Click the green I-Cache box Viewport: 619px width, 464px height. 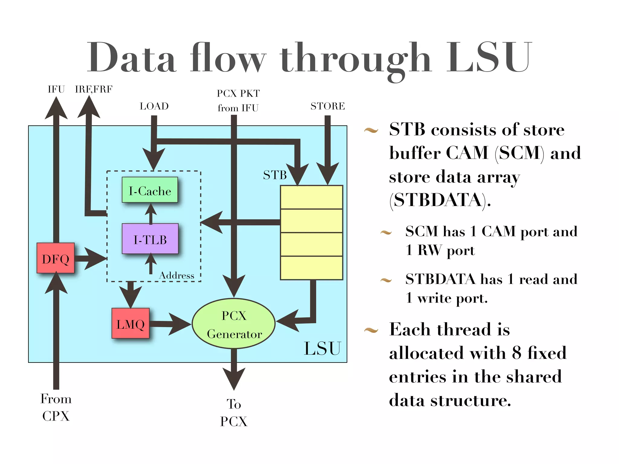click(x=150, y=190)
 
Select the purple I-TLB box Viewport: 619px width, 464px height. click(x=150, y=239)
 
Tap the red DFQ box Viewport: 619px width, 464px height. click(x=56, y=258)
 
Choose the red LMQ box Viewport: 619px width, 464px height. click(x=131, y=323)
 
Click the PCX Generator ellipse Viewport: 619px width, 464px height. click(x=234, y=324)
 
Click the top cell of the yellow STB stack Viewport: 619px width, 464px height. click(x=311, y=197)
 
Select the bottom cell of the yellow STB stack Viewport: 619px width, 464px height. click(x=311, y=268)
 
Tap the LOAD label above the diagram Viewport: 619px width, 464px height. click(x=154, y=106)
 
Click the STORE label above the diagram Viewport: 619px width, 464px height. click(x=328, y=106)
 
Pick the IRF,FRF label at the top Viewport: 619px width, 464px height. click(x=94, y=89)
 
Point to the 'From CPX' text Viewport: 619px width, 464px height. click(x=56, y=407)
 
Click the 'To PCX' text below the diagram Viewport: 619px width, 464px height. click(x=234, y=413)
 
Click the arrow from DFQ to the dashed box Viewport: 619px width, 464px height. click(x=91, y=258)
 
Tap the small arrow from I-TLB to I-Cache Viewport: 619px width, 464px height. click(x=151, y=213)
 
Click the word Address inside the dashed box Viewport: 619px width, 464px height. click(x=177, y=275)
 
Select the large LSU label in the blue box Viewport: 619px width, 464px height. click(x=322, y=348)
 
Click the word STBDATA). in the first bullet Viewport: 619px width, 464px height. click(x=440, y=200)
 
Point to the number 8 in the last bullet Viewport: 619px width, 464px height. click(x=517, y=353)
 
